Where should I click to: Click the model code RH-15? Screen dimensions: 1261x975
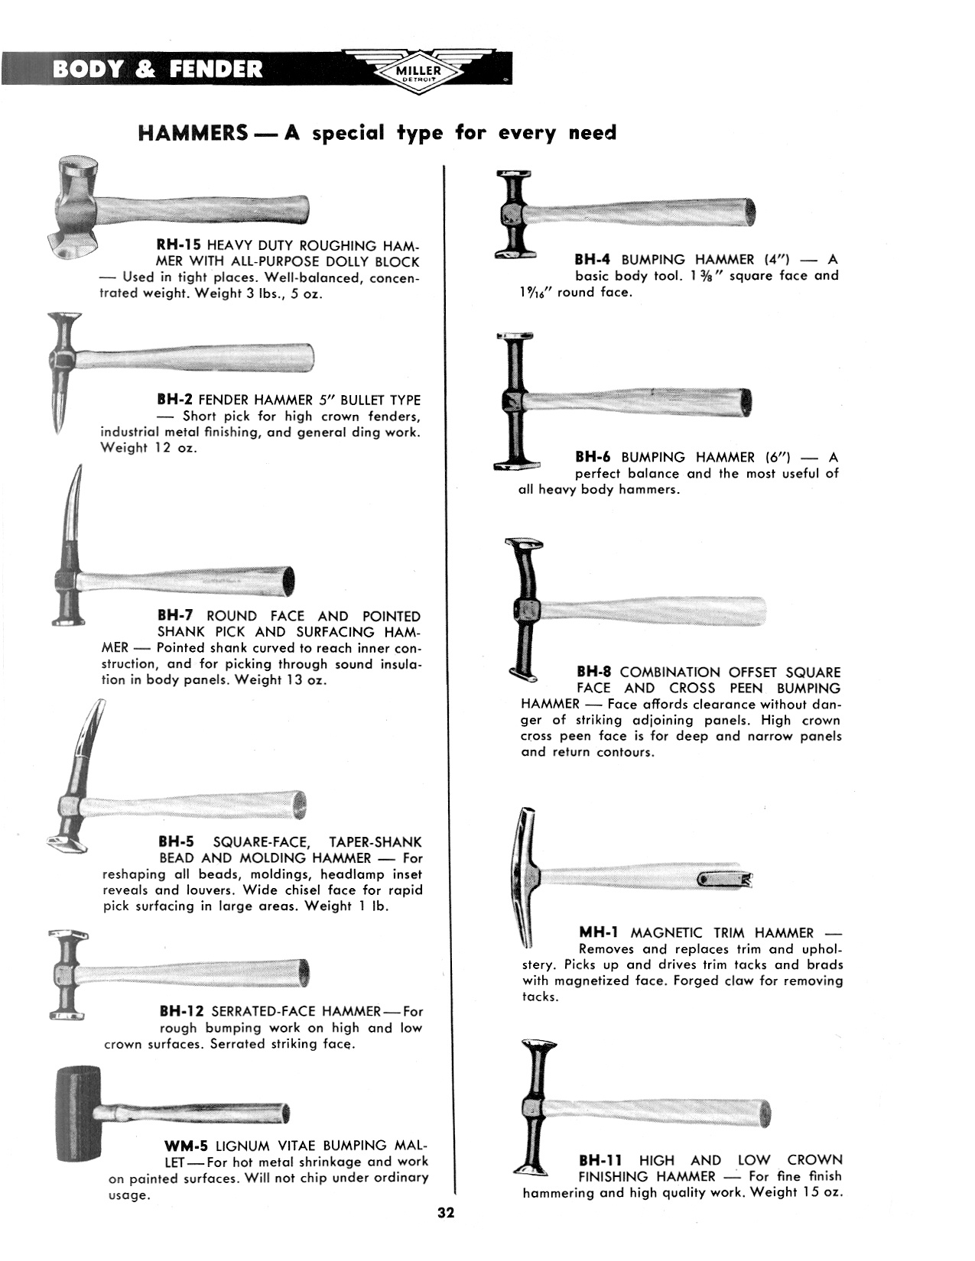click(x=178, y=246)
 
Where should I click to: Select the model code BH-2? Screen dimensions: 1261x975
click(x=174, y=400)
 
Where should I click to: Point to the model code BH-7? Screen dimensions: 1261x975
click(x=175, y=616)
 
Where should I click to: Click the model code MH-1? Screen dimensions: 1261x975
click(x=598, y=932)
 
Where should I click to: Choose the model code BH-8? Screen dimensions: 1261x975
click(x=594, y=673)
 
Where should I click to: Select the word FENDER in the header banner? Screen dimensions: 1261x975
click(x=216, y=70)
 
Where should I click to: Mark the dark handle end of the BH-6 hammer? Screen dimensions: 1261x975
click(x=746, y=400)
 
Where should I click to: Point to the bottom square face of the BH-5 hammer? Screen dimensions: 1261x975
click(x=63, y=844)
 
